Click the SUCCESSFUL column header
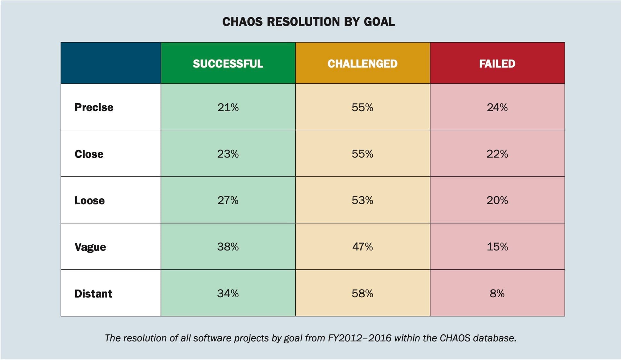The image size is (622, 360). (x=228, y=63)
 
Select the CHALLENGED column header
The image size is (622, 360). (x=362, y=63)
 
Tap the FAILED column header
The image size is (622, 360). (x=497, y=63)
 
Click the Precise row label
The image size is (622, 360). (x=94, y=107)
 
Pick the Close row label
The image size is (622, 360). (x=89, y=154)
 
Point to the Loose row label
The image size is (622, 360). (x=90, y=200)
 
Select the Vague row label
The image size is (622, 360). (x=90, y=247)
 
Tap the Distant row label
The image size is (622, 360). (x=93, y=294)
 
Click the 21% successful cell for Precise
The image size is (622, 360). (x=228, y=107)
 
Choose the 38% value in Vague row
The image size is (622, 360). (x=228, y=247)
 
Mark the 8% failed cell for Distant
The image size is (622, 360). (x=497, y=294)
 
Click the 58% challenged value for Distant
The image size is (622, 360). (x=362, y=294)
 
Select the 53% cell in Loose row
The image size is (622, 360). (x=362, y=200)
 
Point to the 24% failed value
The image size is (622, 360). (x=497, y=107)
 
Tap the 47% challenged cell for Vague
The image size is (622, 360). (x=362, y=247)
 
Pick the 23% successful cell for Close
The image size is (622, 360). (x=228, y=154)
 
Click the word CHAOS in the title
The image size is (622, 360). (x=242, y=22)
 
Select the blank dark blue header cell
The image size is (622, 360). (x=111, y=63)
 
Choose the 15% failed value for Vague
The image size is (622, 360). (x=497, y=247)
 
